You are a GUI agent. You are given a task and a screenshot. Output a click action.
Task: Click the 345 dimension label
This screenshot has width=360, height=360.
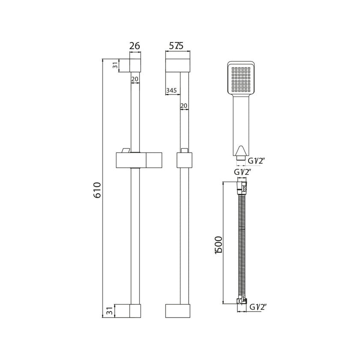tap(171, 90)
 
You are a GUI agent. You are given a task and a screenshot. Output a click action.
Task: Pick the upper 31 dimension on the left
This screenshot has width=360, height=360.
tap(115, 65)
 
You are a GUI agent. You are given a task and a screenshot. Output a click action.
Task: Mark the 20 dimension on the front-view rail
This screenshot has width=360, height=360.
tap(134, 79)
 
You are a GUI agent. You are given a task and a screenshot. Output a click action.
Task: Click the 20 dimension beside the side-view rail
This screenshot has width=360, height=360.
tap(184, 105)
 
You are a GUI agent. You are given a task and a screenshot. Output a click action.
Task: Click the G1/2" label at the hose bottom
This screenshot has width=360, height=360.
tap(258, 307)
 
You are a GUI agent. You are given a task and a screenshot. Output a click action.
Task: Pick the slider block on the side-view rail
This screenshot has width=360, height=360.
tap(184, 160)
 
